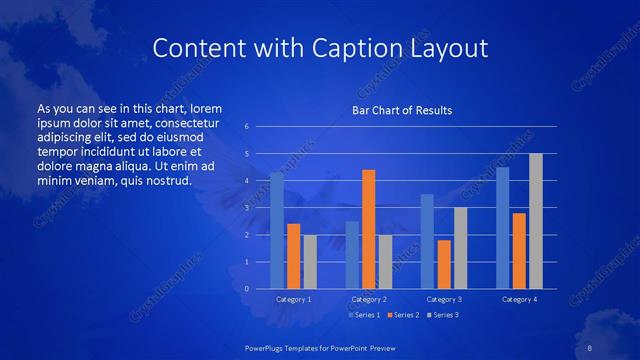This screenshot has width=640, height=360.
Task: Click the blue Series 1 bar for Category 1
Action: pyautogui.click(x=277, y=231)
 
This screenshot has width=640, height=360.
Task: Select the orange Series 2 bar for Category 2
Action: pyautogui.click(x=369, y=229)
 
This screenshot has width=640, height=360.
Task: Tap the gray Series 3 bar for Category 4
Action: pyautogui.click(x=536, y=221)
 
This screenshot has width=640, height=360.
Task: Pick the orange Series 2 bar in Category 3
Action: pyautogui.click(x=444, y=264)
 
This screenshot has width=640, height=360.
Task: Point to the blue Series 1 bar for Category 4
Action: pyautogui.click(x=503, y=228)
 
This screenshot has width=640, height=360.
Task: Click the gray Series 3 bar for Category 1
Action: pyautogui.click(x=310, y=262)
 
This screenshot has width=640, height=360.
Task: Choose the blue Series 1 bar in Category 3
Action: pyautogui.click(x=427, y=241)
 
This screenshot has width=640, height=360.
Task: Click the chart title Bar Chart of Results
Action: pyautogui.click(x=402, y=110)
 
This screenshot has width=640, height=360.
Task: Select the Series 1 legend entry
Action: pyautogui.click(x=363, y=315)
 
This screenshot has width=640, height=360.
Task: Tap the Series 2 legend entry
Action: pyautogui.click(x=401, y=315)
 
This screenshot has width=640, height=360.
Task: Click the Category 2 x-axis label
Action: pyautogui.click(x=369, y=299)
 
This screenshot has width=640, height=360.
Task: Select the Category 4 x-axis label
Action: pyautogui.click(x=519, y=299)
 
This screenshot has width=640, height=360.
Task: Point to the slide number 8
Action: pyautogui.click(x=591, y=346)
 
